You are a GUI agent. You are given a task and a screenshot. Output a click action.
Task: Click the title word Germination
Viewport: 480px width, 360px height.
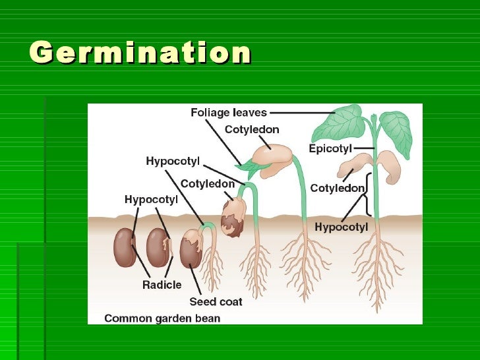tap(140, 52)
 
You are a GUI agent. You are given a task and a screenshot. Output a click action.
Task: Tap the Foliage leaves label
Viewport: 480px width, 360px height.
tap(228, 113)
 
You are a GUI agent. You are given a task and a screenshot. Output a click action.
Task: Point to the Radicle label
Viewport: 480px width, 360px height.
tap(162, 285)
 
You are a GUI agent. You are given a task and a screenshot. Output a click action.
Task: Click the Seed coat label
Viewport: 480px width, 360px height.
tap(216, 301)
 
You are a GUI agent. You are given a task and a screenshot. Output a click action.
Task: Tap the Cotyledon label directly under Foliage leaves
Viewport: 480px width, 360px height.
tap(252, 130)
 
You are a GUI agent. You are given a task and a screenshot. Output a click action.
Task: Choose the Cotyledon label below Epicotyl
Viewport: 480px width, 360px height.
tap(337, 189)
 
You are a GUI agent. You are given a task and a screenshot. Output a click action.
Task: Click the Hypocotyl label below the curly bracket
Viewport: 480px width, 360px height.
tap(341, 227)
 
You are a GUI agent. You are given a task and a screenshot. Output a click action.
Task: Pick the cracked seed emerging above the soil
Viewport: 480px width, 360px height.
tap(233, 216)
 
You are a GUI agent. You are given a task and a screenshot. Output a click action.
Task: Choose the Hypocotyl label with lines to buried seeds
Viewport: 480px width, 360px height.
tap(151, 199)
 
